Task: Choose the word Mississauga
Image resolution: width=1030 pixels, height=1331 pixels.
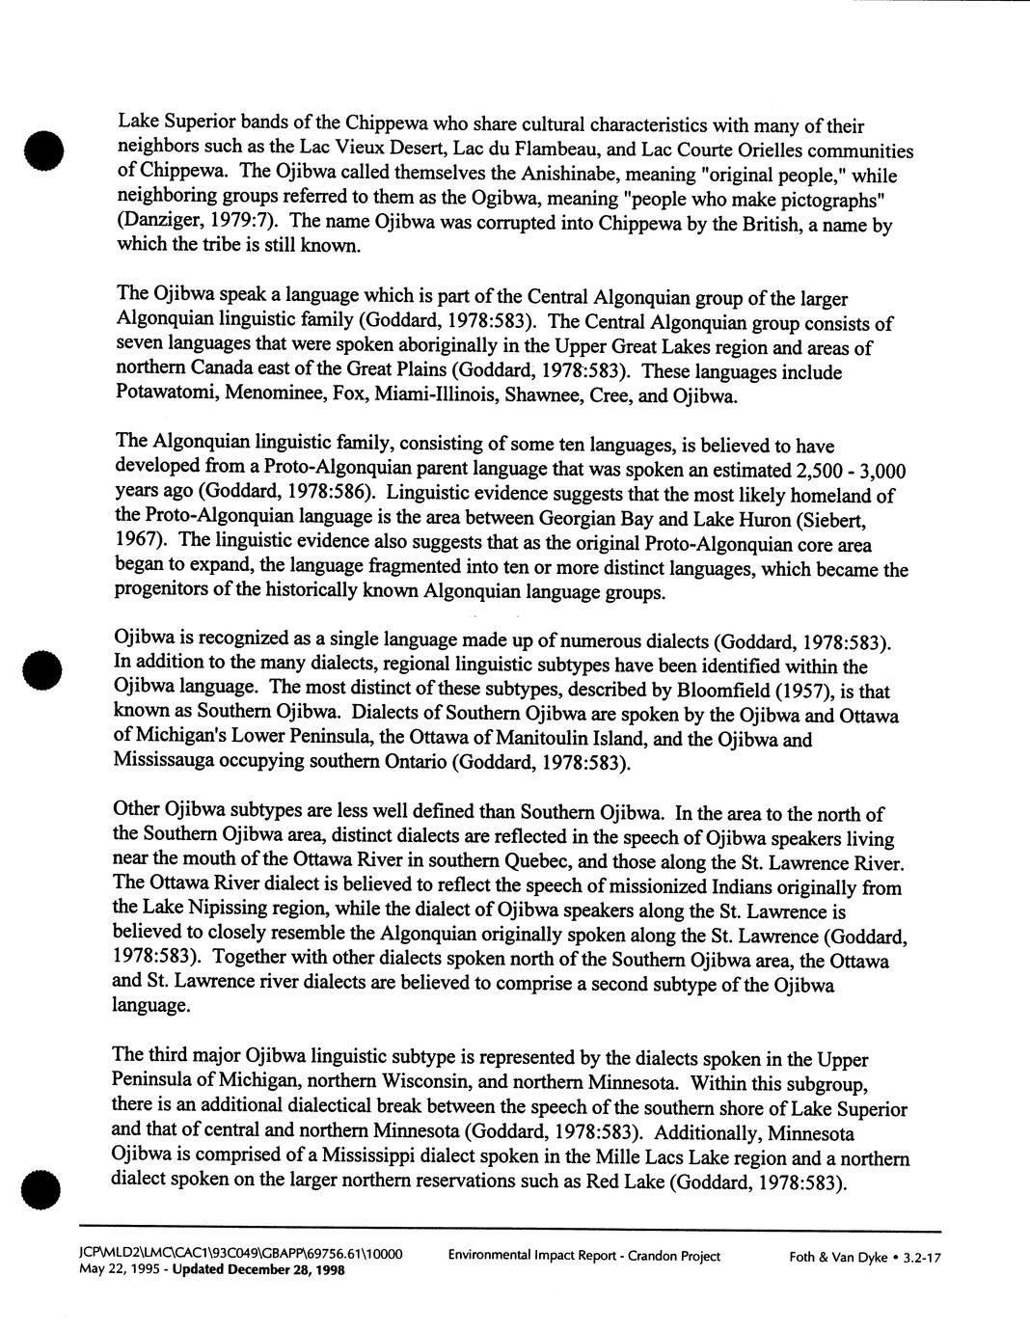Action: pos(166,763)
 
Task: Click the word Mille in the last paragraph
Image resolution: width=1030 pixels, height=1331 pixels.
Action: pos(623,1156)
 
